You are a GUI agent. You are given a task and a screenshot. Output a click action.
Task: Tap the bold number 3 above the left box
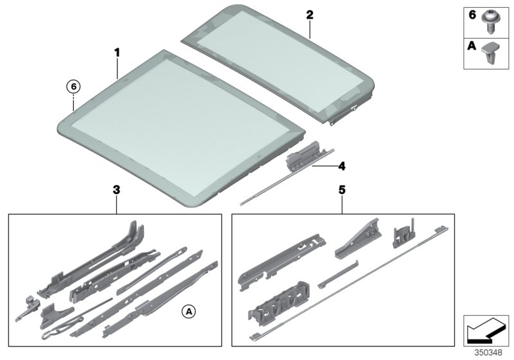[116, 190]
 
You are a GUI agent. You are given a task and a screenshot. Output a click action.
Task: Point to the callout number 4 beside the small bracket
[342, 165]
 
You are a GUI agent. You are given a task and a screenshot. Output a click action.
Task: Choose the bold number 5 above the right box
[342, 190]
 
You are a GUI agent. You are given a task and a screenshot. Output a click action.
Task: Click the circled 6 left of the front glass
[74, 86]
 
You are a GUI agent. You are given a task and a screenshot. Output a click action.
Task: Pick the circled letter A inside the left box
[188, 311]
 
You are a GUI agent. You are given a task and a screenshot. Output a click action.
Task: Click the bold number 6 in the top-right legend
[471, 14]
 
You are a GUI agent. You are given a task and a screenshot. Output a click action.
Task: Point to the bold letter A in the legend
[471, 46]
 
